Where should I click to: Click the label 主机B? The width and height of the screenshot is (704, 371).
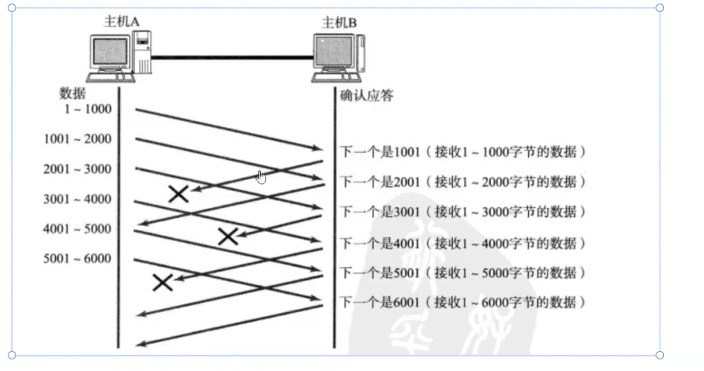(339, 23)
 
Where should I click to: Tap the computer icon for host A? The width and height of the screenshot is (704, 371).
(118, 57)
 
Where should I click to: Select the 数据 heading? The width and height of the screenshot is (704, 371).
(72, 94)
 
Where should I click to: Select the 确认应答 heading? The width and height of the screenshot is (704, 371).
(366, 95)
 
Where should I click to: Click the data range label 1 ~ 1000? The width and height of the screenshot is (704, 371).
(87, 109)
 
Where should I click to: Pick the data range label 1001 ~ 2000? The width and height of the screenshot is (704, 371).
(78, 139)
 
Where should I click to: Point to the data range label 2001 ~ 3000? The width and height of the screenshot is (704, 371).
(78, 169)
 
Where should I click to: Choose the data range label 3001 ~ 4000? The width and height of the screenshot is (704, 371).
(78, 199)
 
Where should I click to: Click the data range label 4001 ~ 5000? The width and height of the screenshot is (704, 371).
(78, 229)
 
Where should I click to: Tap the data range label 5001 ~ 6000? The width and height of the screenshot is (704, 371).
(78, 259)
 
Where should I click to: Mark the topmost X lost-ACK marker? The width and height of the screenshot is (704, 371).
(179, 194)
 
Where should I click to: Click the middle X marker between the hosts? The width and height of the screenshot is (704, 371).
(228, 236)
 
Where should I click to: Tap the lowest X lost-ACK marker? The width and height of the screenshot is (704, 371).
(163, 282)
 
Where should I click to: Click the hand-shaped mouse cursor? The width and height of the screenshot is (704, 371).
(261, 177)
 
